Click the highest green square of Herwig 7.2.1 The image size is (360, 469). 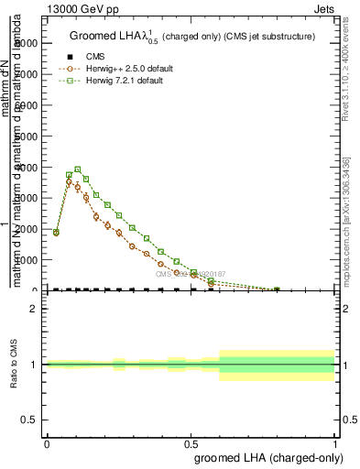point(78,169)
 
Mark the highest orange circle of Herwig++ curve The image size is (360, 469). point(69,182)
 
